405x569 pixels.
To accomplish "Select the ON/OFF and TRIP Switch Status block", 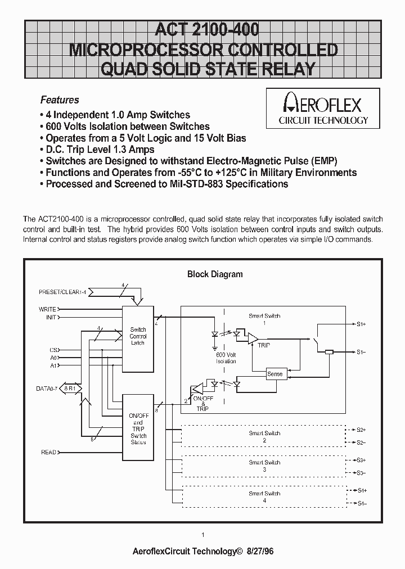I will pyautogui.click(x=138, y=427).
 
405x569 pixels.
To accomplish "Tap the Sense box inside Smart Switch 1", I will pyautogui.click(x=275, y=374).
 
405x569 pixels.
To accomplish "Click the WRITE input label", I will pyautogui.click(x=47, y=309).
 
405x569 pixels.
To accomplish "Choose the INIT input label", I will pyautogui.click(x=51, y=318).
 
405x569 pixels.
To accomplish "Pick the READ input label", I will pyautogui.click(x=48, y=452).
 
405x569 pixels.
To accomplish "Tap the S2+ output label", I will pyautogui.click(x=361, y=430).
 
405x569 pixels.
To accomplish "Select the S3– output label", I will pyautogui.click(x=361, y=472).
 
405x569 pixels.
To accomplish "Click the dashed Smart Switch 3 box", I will pyautogui.click(x=264, y=466).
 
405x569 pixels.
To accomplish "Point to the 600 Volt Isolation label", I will pyautogui.click(x=226, y=358).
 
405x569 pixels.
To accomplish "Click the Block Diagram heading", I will pyautogui.click(x=214, y=274).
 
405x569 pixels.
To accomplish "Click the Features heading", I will pyautogui.click(x=60, y=100).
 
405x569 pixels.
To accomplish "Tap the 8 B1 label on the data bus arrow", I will pyautogui.click(x=70, y=388).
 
